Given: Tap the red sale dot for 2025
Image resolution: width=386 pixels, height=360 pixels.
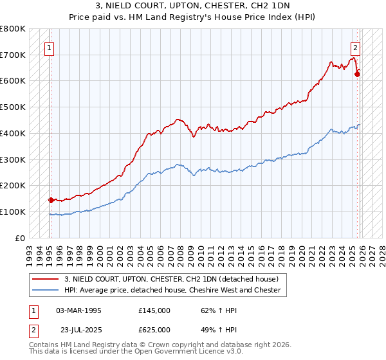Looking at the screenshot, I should pyautogui.click(x=357, y=74).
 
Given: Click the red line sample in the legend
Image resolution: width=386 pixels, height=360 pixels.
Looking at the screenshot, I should pyautogui.click(x=46, y=279).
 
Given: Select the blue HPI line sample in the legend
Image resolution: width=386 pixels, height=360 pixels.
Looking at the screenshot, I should pyautogui.click(x=46, y=290).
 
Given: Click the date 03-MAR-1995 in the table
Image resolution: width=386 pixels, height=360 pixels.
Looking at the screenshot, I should pyautogui.click(x=78, y=310).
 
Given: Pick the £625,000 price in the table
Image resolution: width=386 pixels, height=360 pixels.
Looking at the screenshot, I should pyautogui.click(x=154, y=330).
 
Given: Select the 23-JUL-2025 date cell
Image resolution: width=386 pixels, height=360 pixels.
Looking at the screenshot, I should pyautogui.click(x=78, y=330).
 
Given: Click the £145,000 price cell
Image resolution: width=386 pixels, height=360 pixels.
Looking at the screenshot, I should pyautogui.click(x=154, y=310).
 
